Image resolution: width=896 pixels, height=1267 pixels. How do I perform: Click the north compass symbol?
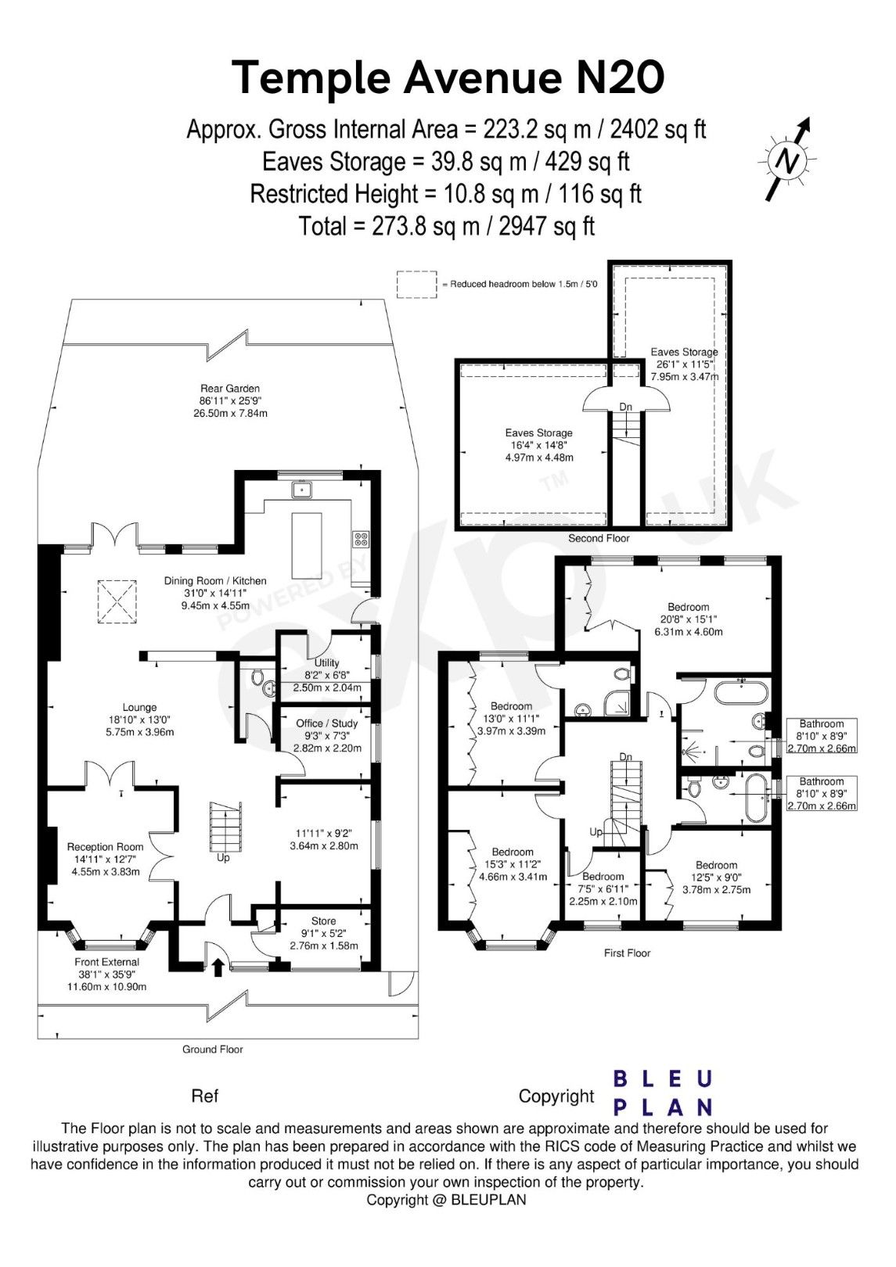789,160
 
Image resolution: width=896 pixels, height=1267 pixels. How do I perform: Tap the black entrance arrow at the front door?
218,968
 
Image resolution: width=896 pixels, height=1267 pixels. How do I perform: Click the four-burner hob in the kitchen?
362,538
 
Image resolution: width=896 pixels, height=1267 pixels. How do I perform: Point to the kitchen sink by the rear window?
302,490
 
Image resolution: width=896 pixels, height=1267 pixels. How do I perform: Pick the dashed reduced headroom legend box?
416,285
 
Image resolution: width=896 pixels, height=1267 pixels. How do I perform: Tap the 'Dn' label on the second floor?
625,407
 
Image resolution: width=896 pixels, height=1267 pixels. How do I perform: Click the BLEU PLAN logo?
662,1093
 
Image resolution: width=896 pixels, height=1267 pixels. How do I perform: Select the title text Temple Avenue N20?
448,77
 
